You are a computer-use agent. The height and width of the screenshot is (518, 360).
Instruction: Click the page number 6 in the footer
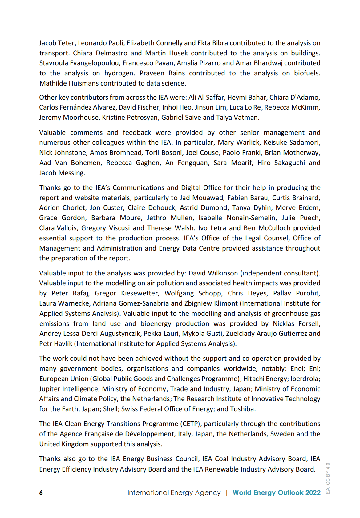pos(41,493)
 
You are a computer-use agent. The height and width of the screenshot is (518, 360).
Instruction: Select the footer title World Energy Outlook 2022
pos(277,492)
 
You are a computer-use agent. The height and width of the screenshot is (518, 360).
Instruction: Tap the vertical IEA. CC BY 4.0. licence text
pos(328,478)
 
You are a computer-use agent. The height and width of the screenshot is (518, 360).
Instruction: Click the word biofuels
pos(307,73)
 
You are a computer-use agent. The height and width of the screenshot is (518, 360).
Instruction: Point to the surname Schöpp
pos(210,293)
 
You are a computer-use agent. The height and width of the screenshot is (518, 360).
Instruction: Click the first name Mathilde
pos(52,83)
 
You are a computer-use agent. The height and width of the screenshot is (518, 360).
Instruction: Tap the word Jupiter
pos(50,389)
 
